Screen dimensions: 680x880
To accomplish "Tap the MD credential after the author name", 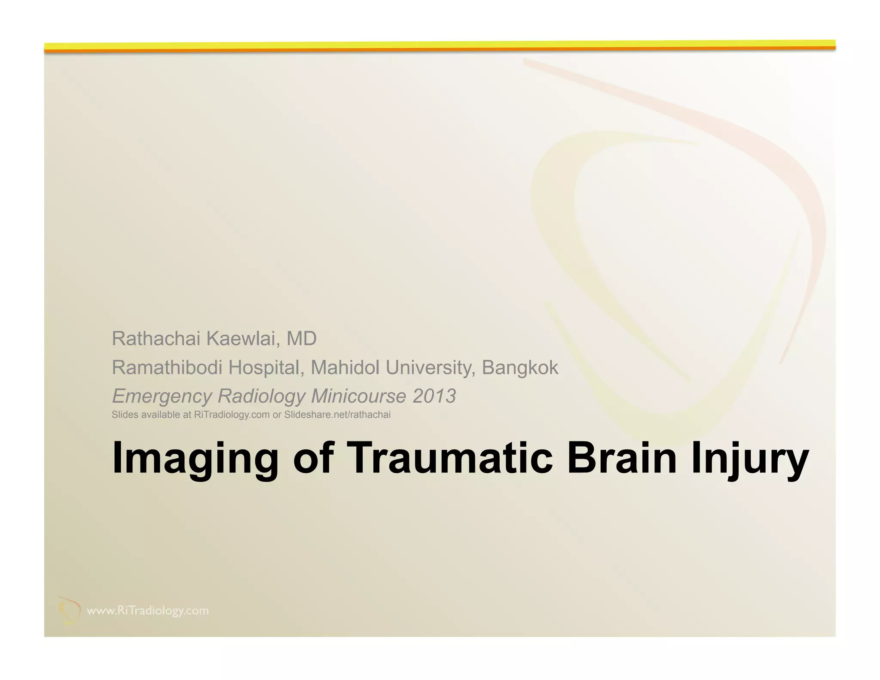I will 301,339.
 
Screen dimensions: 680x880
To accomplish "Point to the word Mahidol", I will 345,368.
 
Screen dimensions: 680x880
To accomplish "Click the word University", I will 431,368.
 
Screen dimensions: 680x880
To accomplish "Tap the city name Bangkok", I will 520,368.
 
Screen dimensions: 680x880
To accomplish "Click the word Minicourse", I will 358,396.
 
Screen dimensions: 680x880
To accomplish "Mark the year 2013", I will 434,396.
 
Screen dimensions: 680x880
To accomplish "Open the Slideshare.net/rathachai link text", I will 337,415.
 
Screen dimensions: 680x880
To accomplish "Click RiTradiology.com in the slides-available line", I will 232,415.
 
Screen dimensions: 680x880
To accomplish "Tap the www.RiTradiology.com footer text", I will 148,611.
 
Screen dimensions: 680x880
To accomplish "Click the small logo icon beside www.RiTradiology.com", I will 70,610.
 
